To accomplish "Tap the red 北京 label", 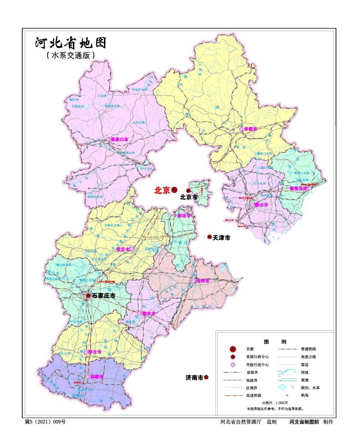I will click(162, 191).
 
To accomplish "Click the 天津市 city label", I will click(221, 237).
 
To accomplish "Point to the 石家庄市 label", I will click(103, 296).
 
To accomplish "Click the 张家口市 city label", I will click(119, 140).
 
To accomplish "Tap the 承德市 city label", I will click(250, 129).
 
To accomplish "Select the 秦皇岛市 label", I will click(298, 188).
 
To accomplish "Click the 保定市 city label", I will click(122, 249).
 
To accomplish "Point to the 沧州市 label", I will click(203, 281).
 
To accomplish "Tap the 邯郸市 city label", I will click(96, 377).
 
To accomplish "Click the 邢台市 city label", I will click(94, 352).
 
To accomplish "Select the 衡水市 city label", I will click(148, 313).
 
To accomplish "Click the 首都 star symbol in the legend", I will click(233, 349).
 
